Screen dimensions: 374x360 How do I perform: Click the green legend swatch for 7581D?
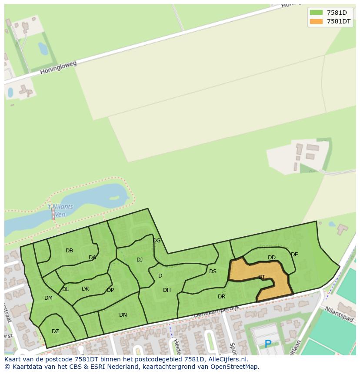[x=316, y=12]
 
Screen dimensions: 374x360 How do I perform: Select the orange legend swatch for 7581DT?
[x=316, y=21]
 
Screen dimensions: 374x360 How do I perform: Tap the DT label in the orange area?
[x=262, y=277]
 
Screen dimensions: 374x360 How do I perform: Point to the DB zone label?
[x=70, y=251]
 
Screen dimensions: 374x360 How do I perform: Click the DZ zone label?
[x=55, y=331]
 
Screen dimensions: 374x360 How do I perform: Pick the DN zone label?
[x=123, y=315]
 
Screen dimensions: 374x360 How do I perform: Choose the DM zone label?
[x=48, y=298]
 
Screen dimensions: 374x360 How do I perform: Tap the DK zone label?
[x=85, y=289]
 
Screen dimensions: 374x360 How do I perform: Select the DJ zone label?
[x=140, y=260]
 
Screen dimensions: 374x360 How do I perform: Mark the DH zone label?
[x=167, y=290]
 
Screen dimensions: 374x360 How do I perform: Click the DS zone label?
[x=213, y=271]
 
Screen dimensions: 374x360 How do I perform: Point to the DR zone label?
[x=222, y=297]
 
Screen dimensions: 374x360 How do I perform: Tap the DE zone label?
[x=294, y=255]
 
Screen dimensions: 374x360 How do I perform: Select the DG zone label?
[x=157, y=241]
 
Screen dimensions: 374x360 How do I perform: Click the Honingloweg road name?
[x=58, y=67]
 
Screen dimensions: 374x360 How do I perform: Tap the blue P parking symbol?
[x=268, y=344]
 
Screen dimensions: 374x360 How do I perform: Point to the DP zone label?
[x=110, y=290]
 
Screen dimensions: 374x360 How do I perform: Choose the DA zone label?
[x=92, y=258]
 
